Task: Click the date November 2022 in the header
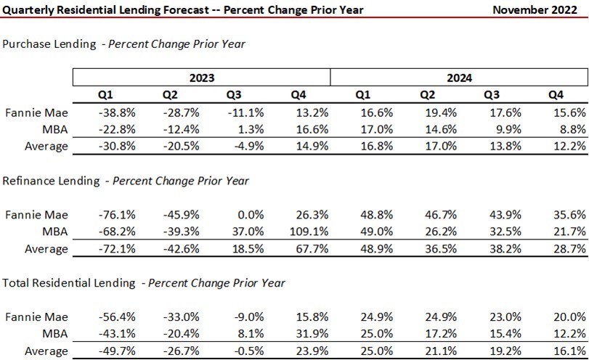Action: click(x=538, y=9)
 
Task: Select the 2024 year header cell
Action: click(x=459, y=77)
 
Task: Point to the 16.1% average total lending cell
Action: click(x=572, y=351)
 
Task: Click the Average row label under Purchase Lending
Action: click(x=47, y=147)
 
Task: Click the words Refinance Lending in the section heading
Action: click(x=50, y=181)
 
